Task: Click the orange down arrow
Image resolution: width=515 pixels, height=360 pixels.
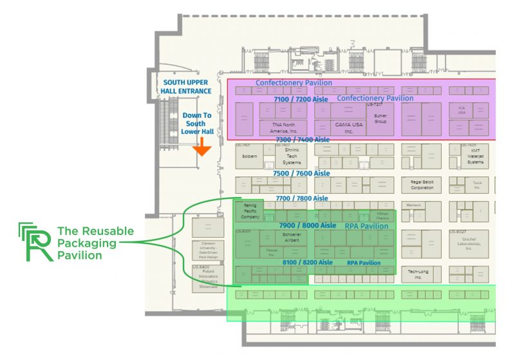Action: point(202,148)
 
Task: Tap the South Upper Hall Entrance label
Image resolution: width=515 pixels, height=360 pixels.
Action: point(187,87)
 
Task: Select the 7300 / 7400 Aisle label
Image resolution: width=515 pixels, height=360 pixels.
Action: point(302,140)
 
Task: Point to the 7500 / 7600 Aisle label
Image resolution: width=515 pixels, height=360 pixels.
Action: point(301,174)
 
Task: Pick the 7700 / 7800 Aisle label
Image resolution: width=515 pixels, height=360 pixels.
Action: point(301,198)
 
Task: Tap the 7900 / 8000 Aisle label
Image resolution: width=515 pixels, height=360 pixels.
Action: point(308,225)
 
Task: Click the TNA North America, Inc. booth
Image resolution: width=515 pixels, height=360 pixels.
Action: point(284,126)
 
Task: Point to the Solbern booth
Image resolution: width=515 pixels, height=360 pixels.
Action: point(250,156)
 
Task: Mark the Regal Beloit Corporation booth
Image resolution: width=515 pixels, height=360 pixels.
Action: point(422,185)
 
